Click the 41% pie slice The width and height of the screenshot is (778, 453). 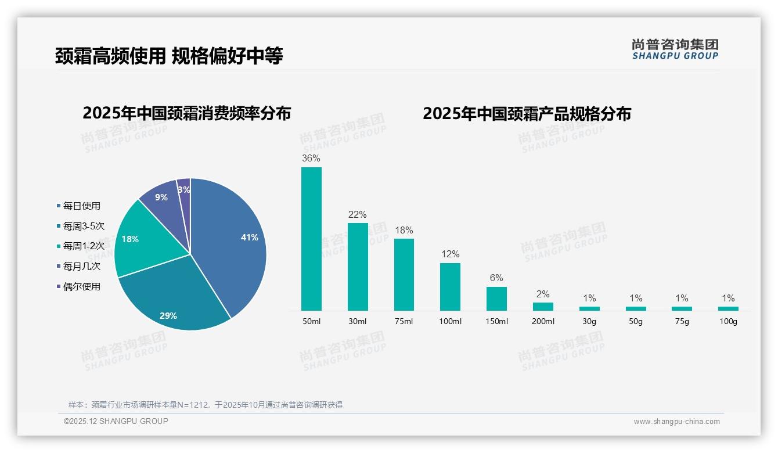[232, 238]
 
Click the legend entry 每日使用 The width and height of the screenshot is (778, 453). [81, 206]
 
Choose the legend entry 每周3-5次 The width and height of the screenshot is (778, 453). [83, 226]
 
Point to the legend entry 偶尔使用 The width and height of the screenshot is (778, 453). [81, 286]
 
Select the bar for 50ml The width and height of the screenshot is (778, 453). [311, 239]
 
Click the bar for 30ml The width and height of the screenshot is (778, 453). [358, 267]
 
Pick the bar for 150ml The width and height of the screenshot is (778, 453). [496, 299]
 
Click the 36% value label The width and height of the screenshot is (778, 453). [311, 158]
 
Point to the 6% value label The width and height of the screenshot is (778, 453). [496, 278]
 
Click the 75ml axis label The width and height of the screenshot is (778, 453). [404, 321]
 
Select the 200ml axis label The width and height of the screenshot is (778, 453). [543, 321]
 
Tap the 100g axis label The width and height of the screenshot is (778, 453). [728, 321]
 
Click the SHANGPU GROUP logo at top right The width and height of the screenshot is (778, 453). [675, 49]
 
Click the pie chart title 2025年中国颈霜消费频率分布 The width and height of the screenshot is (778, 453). [186, 113]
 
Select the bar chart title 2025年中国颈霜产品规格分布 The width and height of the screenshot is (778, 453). [527, 113]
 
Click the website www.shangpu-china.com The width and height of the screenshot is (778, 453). [676, 421]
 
